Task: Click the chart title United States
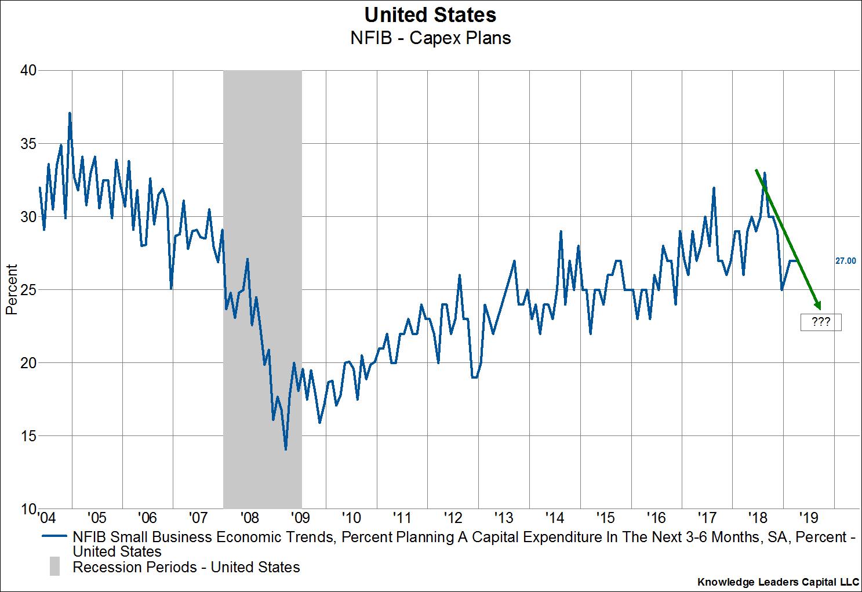[430, 14]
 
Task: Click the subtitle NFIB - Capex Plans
[430, 38]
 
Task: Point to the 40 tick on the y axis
[28, 70]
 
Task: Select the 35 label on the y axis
[28, 143]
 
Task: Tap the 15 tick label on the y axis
[28, 436]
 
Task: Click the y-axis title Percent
[12, 289]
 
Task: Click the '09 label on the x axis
[300, 516]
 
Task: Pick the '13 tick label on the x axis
[504, 516]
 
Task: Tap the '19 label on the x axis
[809, 516]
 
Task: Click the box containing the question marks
[820, 322]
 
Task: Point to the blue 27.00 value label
[845, 262]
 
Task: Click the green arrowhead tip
[820, 308]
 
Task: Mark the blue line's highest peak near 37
[70, 113]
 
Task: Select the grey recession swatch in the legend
[54, 566]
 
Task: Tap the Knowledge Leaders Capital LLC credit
[777, 582]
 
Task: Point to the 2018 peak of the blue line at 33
[765, 173]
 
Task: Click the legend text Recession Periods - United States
[186, 567]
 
